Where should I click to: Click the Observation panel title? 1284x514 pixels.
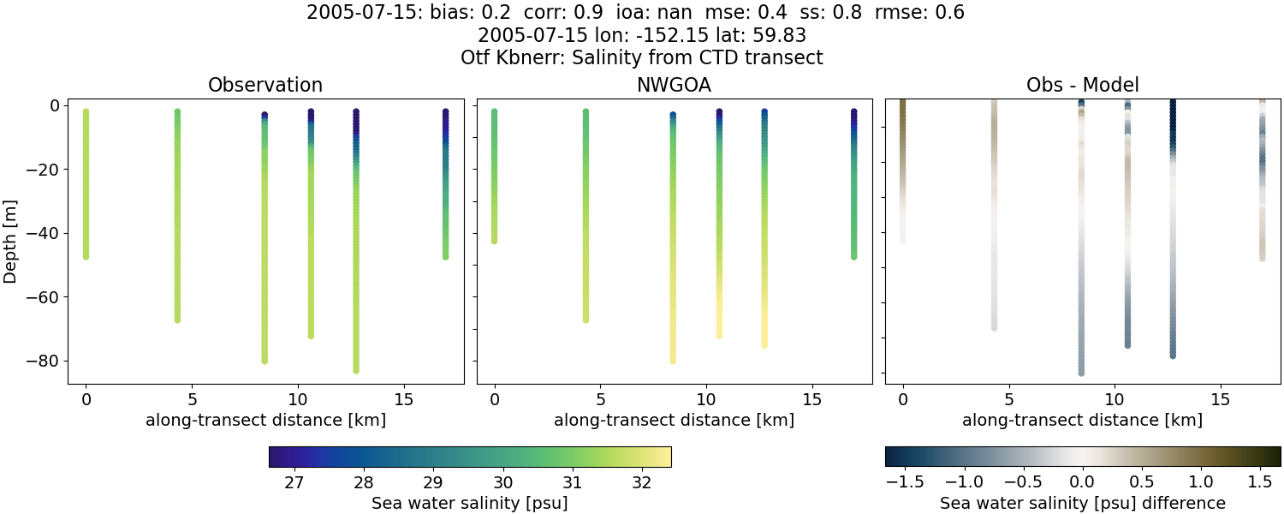265,86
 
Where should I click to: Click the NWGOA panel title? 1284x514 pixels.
674,86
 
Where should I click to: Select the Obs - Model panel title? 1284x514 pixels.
1082,86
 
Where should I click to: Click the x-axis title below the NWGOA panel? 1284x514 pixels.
674,421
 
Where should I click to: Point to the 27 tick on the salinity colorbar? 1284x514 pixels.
294,482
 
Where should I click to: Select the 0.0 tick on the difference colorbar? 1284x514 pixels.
1083,482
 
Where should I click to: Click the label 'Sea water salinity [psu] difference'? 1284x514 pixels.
1082,503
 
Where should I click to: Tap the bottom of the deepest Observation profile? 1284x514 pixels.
355,370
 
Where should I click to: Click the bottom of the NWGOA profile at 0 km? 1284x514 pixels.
494,241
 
